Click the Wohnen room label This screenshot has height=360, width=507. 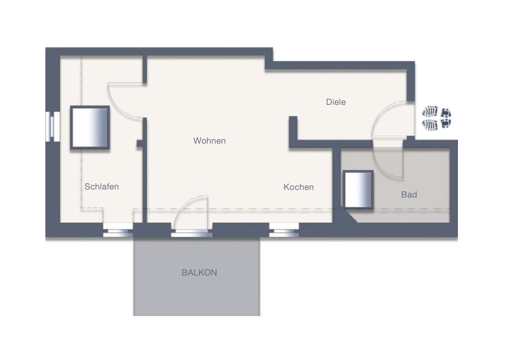tap(209, 141)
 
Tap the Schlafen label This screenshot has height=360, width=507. tap(101, 187)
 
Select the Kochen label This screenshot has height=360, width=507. tap(298, 187)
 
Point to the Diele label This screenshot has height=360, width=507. tap(336, 102)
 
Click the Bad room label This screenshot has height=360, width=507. tap(409, 194)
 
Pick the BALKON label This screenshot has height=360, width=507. tap(199, 273)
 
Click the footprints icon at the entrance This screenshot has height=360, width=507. tap(437, 118)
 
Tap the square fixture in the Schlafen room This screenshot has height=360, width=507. tap(90, 128)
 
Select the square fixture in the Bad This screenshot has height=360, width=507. tap(358, 189)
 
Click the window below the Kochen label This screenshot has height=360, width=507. tap(284, 231)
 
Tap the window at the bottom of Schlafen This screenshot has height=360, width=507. tap(118, 231)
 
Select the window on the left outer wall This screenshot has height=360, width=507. tap(51, 126)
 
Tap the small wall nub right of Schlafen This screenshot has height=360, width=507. tap(139, 143)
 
